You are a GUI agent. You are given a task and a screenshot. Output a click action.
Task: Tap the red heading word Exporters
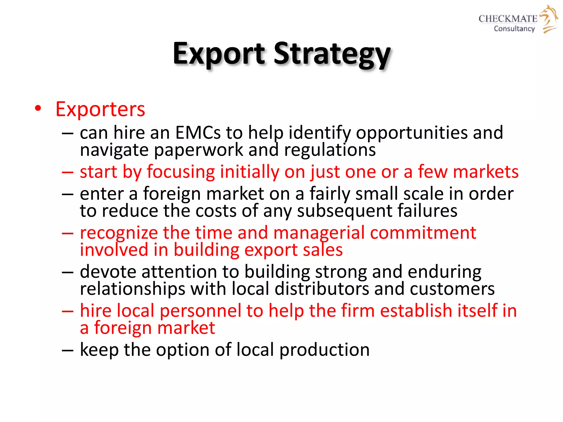click(x=100, y=109)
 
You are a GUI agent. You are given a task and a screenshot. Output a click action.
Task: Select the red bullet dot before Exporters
click(x=38, y=108)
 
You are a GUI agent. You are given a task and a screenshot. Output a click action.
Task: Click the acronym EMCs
click(x=198, y=133)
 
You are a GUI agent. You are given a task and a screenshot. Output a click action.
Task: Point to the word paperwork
click(x=198, y=151)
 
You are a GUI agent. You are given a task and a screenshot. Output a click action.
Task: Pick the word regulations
click(x=330, y=151)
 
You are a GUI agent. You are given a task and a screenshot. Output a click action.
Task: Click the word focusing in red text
click(x=181, y=172)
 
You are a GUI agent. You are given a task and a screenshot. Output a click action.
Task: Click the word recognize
click(x=119, y=233)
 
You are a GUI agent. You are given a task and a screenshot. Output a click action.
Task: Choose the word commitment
click(x=423, y=233)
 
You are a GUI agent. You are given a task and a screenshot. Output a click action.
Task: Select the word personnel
click(x=200, y=311)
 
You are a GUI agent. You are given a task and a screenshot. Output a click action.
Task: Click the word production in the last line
click(x=324, y=350)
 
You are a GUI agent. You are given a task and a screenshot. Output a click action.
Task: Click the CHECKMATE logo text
click(x=508, y=19)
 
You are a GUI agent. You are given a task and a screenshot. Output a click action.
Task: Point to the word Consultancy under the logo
click(x=514, y=29)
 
